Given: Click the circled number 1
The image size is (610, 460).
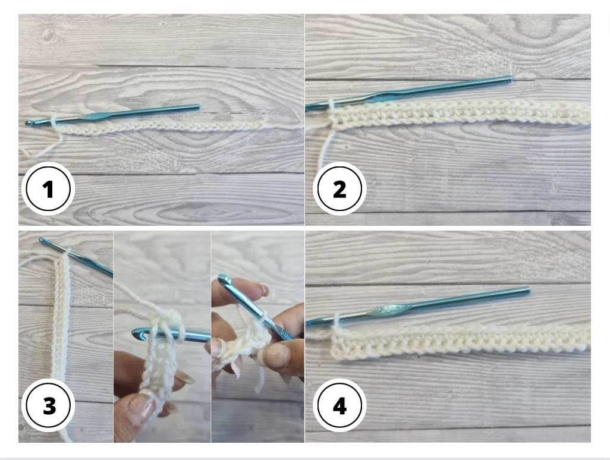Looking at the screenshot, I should click(x=48, y=190).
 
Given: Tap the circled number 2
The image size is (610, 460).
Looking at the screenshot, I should click(x=339, y=190).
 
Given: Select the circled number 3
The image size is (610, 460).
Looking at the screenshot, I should click(x=48, y=407).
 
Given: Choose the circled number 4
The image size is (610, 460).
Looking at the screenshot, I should click(x=339, y=407).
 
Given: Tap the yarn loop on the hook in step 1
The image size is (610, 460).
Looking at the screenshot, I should click(x=55, y=121).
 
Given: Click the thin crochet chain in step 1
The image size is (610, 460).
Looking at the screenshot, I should click(x=166, y=126).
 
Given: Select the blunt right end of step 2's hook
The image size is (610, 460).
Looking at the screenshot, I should click(x=510, y=79).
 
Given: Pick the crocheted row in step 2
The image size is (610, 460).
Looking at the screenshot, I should click(x=458, y=113).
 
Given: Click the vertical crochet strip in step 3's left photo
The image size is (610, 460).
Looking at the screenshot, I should click(x=62, y=333).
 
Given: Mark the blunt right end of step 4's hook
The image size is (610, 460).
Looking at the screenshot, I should click(x=527, y=290).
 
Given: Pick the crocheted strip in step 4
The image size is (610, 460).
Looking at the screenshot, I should click(x=458, y=342).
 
